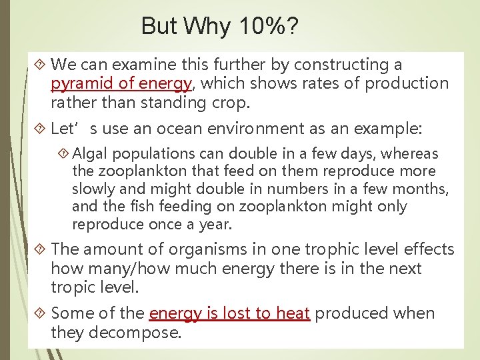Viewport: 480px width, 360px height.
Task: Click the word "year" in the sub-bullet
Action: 213,224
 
